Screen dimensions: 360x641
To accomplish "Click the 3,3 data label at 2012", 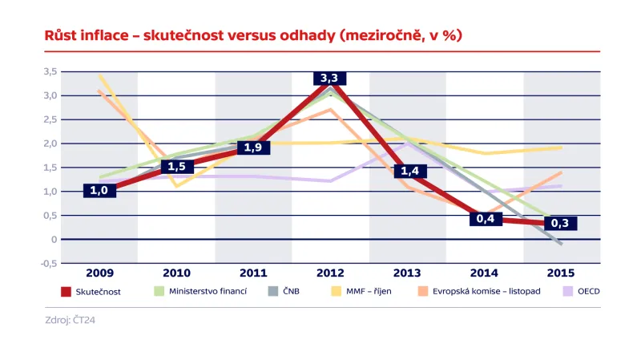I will (329, 78).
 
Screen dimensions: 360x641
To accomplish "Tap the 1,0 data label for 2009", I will (98, 191).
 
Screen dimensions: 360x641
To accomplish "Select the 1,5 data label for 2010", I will (177, 167).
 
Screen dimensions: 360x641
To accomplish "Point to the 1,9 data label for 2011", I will (253, 148).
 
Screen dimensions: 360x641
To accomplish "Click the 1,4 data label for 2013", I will (410, 171).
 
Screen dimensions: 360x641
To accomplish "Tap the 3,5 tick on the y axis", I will (50, 71).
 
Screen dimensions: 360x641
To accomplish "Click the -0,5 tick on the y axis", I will (48, 264).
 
